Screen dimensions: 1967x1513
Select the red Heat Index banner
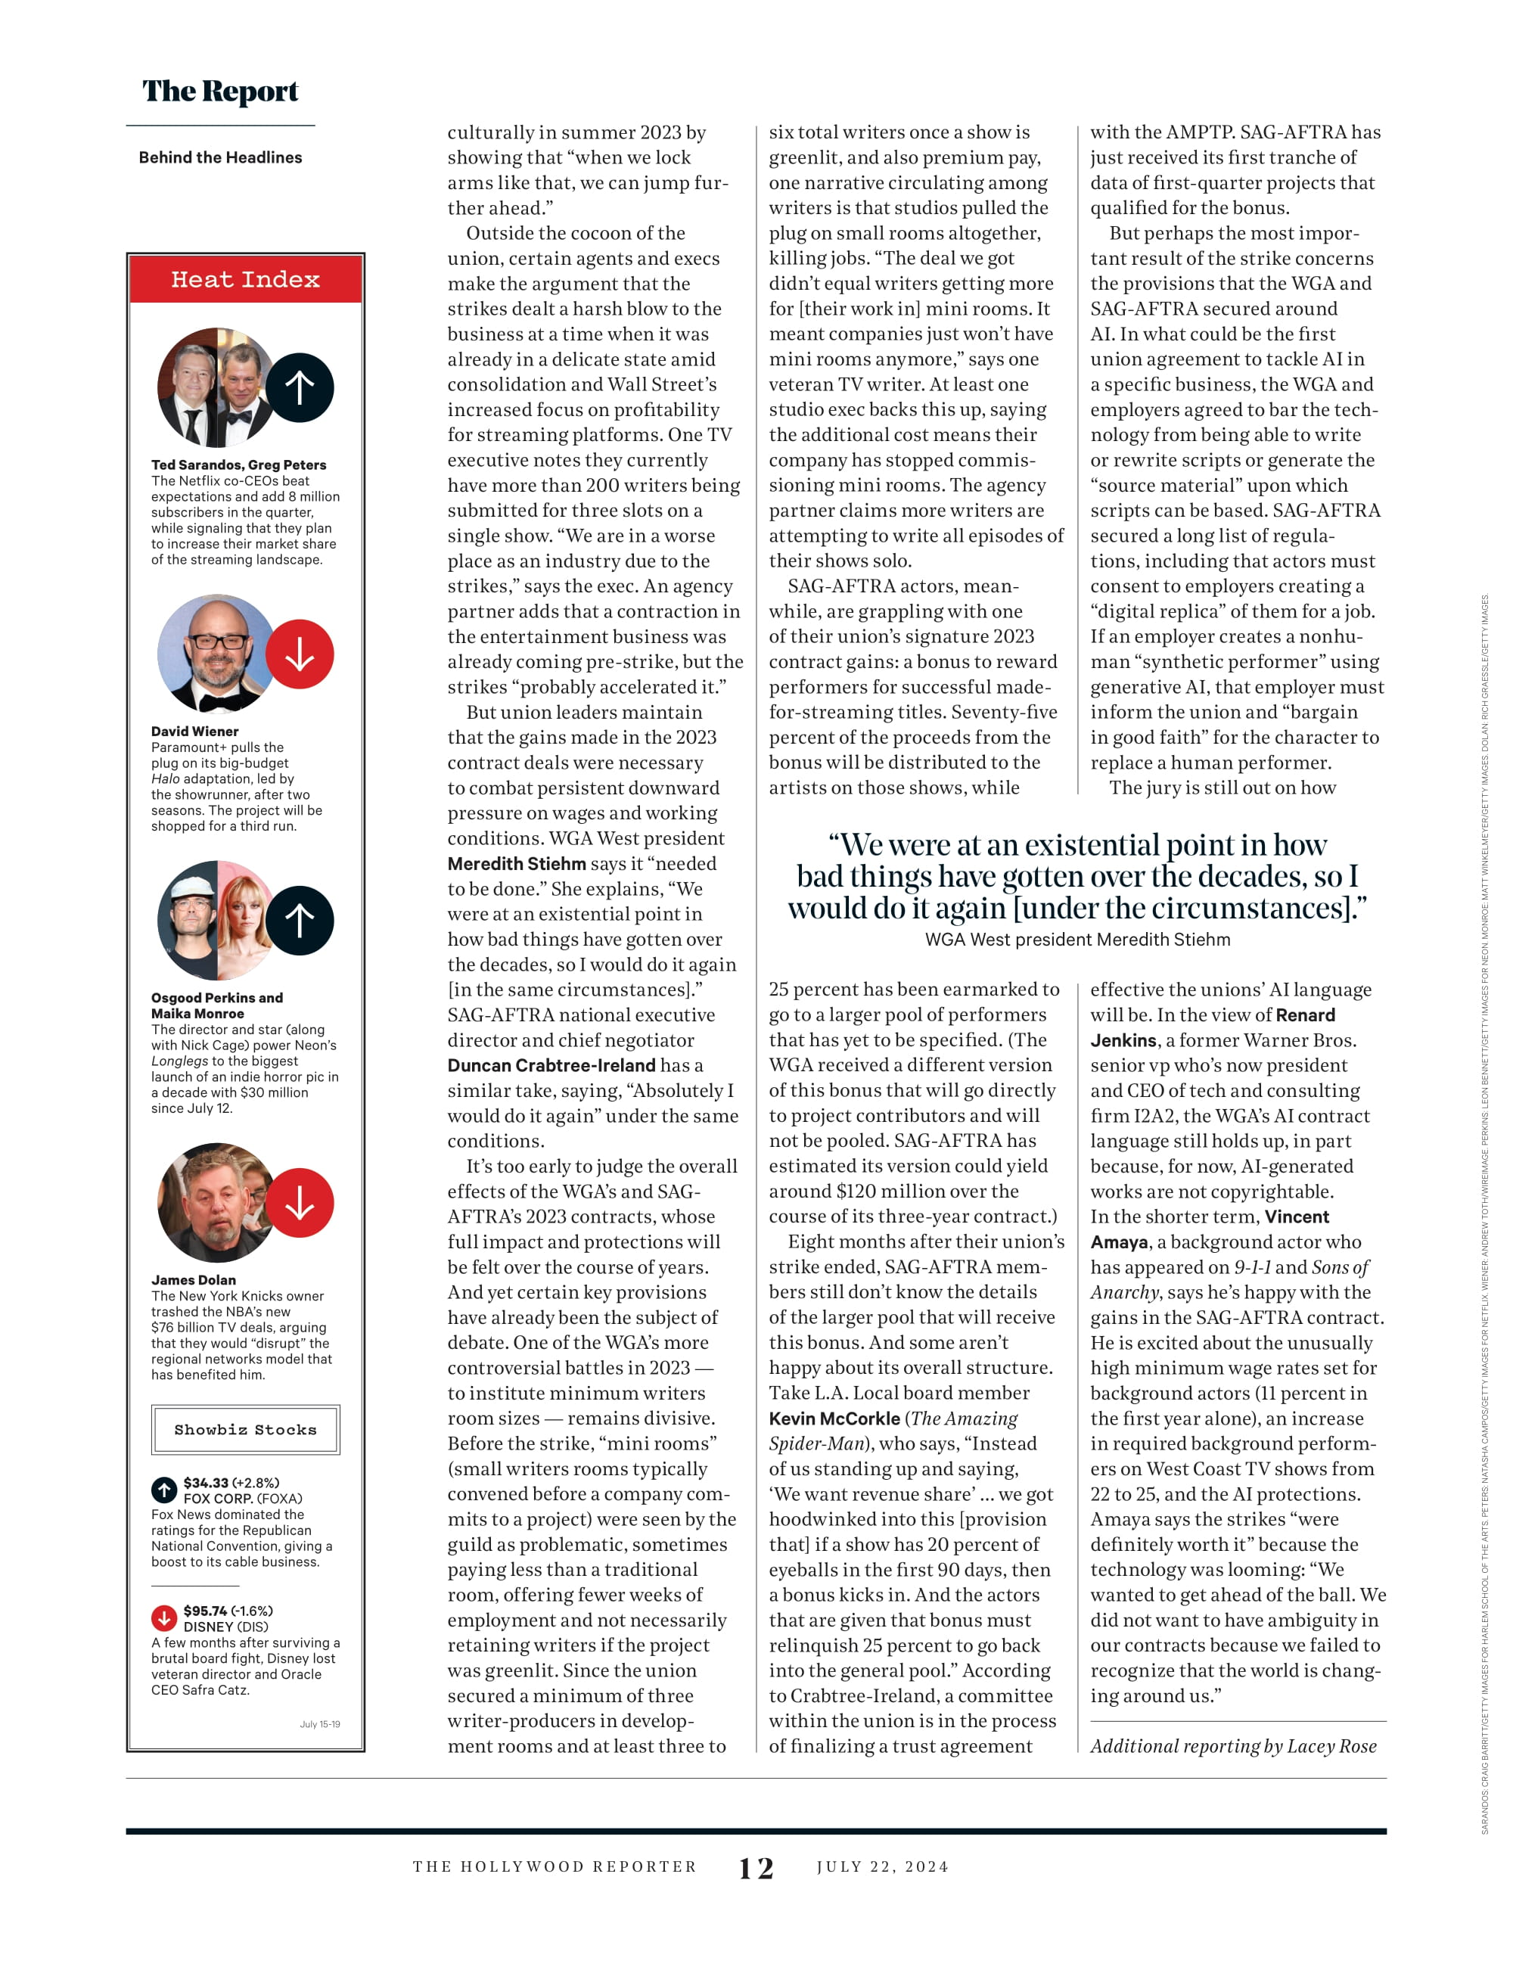245,280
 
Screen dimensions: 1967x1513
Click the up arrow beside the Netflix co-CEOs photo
300,388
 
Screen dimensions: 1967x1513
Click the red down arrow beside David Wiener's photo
300,654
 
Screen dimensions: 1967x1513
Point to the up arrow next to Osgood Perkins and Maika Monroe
300,921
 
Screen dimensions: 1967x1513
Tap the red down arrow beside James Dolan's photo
300,1203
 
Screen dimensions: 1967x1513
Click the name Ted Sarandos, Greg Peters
238,465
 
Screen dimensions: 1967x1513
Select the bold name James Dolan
194,1280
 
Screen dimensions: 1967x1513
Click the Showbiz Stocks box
245,1429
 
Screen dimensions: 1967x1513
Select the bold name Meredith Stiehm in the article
516,864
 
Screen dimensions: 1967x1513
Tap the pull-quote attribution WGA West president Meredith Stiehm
1077,940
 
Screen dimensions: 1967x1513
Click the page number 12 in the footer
756,1868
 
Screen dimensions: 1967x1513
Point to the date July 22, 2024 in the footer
883,1867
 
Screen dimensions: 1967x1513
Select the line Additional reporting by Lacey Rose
1233,1746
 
